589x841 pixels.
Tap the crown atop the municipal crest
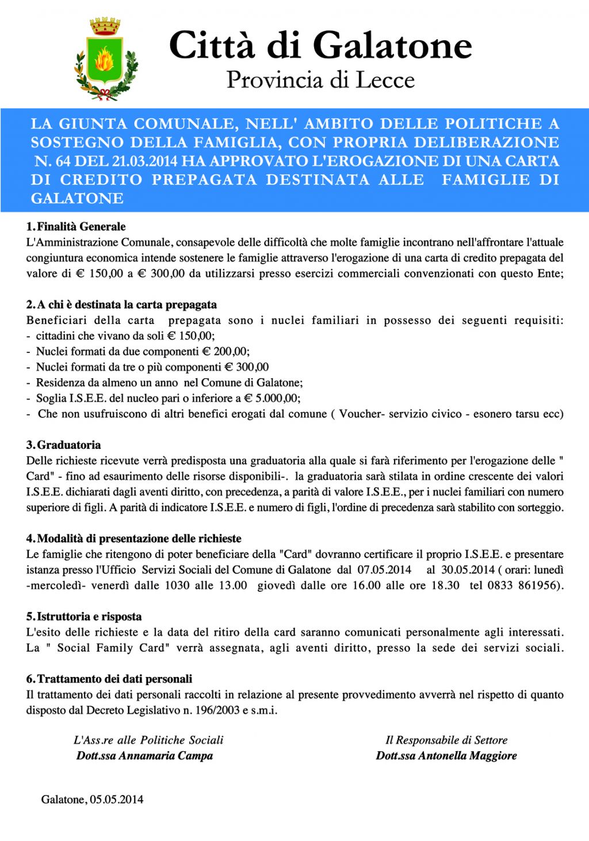point(105,26)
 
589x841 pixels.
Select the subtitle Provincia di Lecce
point(320,80)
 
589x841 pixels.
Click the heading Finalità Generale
point(81,227)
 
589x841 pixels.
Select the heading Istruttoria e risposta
point(89,617)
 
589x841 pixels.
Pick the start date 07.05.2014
point(384,570)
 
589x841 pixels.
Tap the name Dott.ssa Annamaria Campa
point(144,756)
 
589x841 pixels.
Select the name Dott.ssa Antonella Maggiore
point(446,756)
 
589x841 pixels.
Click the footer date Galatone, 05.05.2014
point(92,800)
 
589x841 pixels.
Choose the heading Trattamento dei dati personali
point(114,679)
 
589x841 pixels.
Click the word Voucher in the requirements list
point(360,414)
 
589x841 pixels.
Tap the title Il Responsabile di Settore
point(446,740)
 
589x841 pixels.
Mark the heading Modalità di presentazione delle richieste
point(139,539)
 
